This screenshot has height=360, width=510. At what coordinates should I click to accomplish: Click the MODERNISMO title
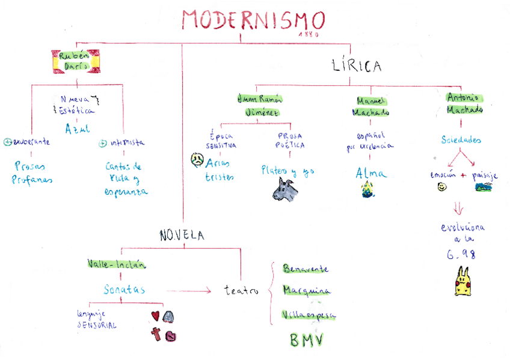253,20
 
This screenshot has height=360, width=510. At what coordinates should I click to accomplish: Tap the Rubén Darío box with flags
76,61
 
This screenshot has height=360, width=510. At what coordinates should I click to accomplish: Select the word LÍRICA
357,66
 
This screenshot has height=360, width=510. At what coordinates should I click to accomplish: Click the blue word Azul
78,129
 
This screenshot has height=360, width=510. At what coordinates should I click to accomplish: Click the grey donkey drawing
284,190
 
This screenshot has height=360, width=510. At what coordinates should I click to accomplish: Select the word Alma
367,173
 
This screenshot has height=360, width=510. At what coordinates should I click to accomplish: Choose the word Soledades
461,140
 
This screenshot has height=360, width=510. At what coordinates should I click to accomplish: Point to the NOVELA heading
182,236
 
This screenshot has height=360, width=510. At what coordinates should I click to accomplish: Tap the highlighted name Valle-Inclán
116,264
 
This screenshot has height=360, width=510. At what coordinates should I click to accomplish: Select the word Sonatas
124,289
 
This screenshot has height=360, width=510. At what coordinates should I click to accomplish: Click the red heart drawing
155,316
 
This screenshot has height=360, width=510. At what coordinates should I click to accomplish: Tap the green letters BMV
307,340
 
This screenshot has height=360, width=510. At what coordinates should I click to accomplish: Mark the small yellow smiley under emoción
442,187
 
